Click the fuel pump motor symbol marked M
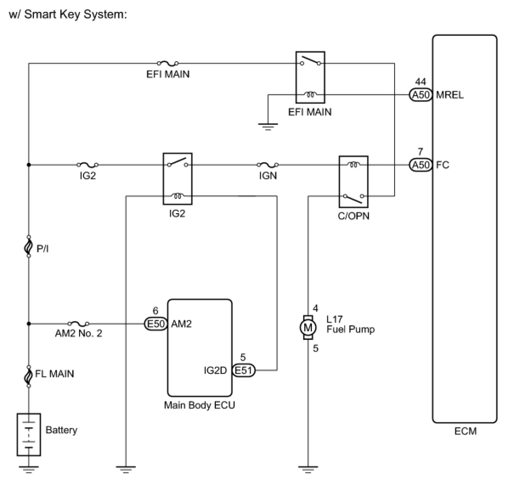pyautogui.click(x=308, y=327)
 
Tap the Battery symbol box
pyautogui.click(x=28, y=434)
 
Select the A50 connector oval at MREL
pyautogui.click(x=421, y=95)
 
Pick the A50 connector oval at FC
pyautogui.click(x=421, y=165)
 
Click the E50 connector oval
pyautogui.click(x=155, y=324)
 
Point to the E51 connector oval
pyautogui.click(x=244, y=370)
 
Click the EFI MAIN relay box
pyautogui.click(x=310, y=78)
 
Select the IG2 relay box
pyautogui.click(x=178, y=179)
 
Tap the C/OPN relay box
pyautogui.click(x=353, y=181)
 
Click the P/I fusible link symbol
pyautogui.click(x=28, y=246)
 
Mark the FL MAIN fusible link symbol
pyautogui.click(x=28, y=376)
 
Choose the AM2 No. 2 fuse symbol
pyautogui.click(x=78, y=324)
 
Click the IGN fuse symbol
pyautogui.click(x=268, y=165)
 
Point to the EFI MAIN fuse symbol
pyautogui.click(x=168, y=64)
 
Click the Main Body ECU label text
pyautogui.click(x=199, y=405)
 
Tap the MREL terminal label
pyautogui.click(x=449, y=95)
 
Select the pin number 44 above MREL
pyautogui.click(x=421, y=82)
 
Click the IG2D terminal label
pyautogui.click(x=215, y=370)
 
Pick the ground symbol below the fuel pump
pyautogui.click(x=308, y=470)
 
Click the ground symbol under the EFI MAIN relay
pyautogui.click(x=268, y=126)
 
